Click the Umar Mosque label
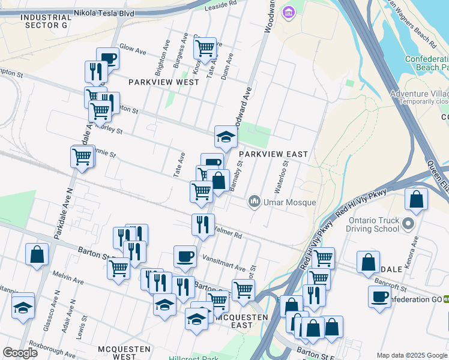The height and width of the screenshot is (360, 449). [289, 202]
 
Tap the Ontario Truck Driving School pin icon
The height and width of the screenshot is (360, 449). [409, 224]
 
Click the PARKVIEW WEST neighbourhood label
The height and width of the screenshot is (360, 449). [163, 82]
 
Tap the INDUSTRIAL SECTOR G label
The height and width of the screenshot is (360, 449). [43, 21]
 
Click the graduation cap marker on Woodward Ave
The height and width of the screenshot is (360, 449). [226, 137]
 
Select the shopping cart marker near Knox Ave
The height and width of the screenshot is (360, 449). [205, 47]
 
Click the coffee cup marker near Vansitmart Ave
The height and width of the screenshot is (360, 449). [185, 256]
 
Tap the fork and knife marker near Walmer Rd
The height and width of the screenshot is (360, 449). [203, 224]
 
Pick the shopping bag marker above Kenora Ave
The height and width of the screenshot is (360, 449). [416, 200]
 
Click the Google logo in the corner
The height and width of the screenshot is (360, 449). [20, 353]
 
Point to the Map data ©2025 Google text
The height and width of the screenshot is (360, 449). [412, 355]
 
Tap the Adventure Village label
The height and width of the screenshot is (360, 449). [419, 94]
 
